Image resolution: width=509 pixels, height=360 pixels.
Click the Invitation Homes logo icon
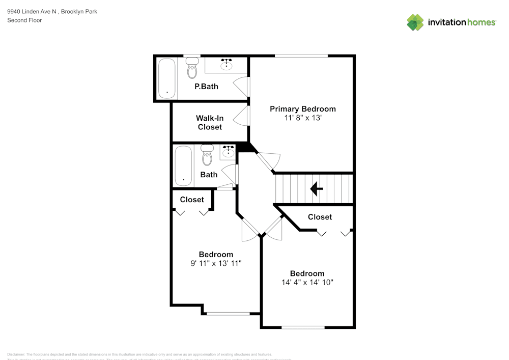pos(415,22)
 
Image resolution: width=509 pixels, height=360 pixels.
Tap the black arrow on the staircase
pos(316,189)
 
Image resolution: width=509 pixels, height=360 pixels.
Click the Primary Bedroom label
pos(302,109)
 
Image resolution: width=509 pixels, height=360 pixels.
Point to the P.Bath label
pos(206,87)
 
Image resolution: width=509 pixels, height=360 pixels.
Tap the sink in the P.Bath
pos(226,65)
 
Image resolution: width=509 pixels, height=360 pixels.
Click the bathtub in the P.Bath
pos(166,78)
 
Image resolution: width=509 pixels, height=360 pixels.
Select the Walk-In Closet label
pos(210,122)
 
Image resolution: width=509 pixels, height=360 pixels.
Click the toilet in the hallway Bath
pos(207,156)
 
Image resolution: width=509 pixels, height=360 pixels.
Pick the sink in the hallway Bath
pos(228,151)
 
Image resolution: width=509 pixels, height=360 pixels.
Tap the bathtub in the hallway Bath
pos(183,166)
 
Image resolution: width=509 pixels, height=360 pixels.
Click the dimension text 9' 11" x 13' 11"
pos(216,263)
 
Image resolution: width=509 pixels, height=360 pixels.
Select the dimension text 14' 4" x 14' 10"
pos(307,282)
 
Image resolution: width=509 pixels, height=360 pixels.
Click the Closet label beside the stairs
pos(320,217)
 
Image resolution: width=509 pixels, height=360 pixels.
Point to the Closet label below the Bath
pos(192,200)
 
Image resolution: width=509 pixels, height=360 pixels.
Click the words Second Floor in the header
pos(24,20)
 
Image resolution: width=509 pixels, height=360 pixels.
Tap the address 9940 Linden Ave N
pos(32,12)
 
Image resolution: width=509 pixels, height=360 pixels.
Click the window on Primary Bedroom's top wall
pos(301,56)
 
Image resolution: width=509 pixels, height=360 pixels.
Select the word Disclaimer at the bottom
pos(16,354)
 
